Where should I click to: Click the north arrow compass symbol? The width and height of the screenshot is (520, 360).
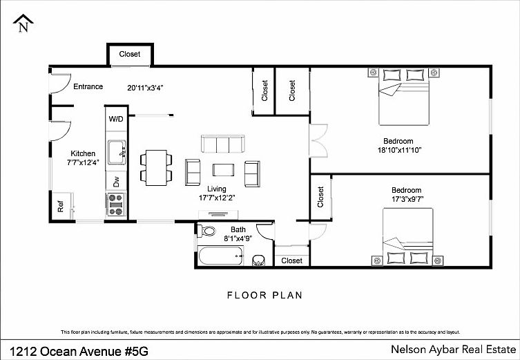coord(23,23)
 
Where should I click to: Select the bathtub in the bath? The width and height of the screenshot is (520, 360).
coord(220,256)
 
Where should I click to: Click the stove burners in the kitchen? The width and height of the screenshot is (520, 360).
coord(116,205)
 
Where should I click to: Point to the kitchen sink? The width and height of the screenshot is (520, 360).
coord(117,152)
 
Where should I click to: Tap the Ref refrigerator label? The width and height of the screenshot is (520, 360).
coord(60,207)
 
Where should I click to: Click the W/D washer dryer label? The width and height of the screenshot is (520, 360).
coord(116,119)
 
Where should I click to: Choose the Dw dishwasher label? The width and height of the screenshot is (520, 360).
coord(116,182)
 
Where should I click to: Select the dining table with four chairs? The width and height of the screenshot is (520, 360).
coord(156,167)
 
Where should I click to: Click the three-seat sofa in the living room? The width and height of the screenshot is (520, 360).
coord(223,144)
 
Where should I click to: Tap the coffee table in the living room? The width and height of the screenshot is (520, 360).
coord(224,170)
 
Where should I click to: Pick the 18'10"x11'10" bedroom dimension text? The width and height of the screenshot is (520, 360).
coord(399,150)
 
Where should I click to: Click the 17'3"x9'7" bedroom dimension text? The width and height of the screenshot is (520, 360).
coord(407,199)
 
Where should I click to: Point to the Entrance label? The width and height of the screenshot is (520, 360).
coord(88,86)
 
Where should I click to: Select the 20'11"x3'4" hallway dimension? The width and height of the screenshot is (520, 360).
coord(146,88)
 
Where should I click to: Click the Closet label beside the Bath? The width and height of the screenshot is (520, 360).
coord(292,260)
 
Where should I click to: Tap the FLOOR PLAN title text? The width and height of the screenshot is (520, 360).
coord(264,295)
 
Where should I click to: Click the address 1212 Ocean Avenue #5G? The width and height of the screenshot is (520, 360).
coord(79,351)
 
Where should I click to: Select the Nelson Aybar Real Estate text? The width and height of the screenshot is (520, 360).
coord(453,350)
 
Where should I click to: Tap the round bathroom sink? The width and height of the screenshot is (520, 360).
coord(259,260)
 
